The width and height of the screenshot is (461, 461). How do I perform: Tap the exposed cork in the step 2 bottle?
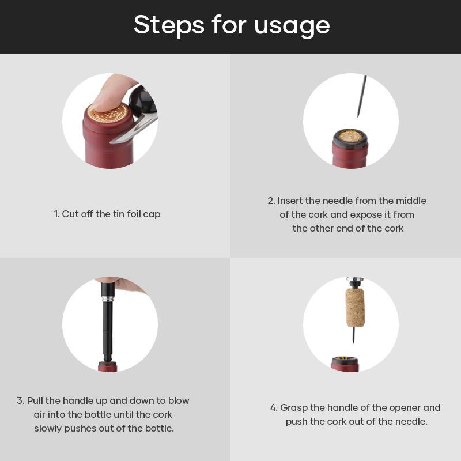pyautogui.click(x=350, y=136)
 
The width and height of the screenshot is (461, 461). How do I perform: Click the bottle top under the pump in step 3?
pyautogui.click(x=108, y=366)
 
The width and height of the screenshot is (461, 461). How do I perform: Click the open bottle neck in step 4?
pyautogui.click(x=345, y=364)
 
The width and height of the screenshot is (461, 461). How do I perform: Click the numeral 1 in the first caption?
pyautogui.click(x=56, y=214)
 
